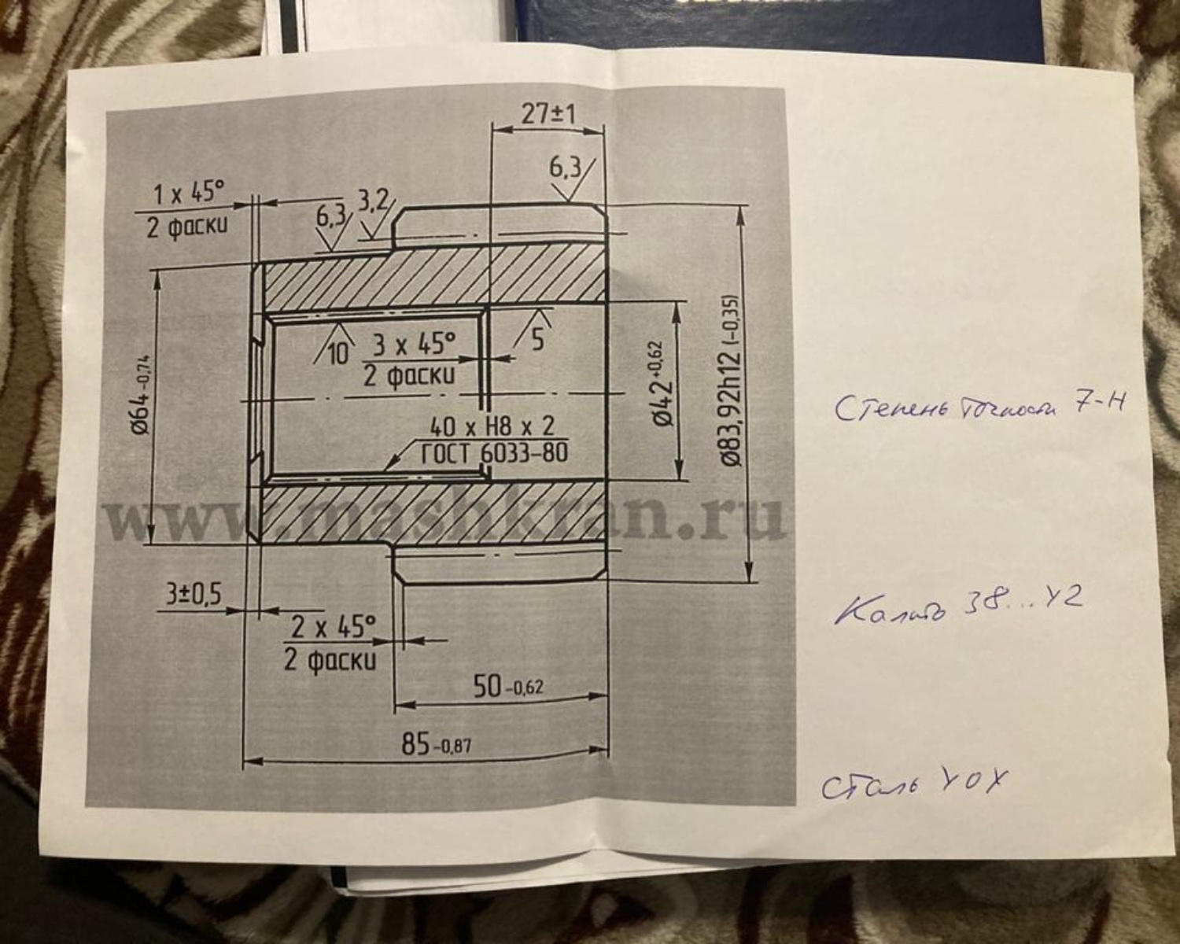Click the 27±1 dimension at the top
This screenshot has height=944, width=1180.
coord(548,114)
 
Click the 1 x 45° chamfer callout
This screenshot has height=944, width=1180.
coord(188,192)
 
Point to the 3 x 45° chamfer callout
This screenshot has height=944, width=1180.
coord(413,344)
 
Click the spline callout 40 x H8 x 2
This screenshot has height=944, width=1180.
coord(492,427)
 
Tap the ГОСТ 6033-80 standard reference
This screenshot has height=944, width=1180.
coord(494,453)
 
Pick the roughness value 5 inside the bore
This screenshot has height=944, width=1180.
coord(537,339)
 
